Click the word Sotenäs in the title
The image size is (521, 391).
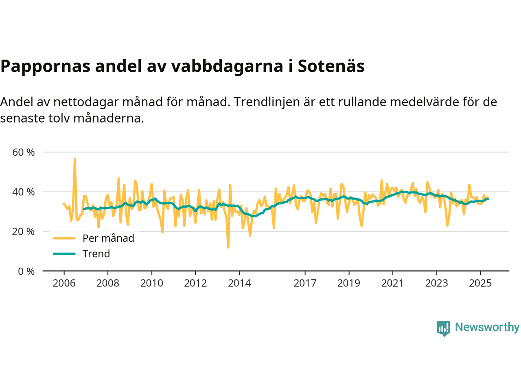pyautogui.click(x=331, y=66)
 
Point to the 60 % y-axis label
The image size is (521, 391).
pyautogui.click(x=24, y=152)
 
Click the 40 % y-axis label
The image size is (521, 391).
pyautogui.click(x=24, y=192)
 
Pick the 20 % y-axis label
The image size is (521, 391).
pyautogui.click(x=24, y=232)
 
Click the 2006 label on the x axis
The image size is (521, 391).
pyautogui.click(x=64, y=283)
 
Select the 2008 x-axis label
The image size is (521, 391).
pyautogui.click(x=108, y=283)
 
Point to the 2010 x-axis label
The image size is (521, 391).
pyautogui.click(x=151, y=283)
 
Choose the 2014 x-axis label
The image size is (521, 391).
pyautogui.click(x=239, y=283)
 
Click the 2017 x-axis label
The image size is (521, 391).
pyautogui.click(x=305, y=283)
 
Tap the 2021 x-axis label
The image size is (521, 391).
pyautogui.click(x=392, y=283)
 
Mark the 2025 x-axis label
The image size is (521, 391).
pyautogui.click(x=480, y=283)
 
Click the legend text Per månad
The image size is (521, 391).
pyautogui.click(x=108, y=239)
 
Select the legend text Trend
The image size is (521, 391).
pyautogui.click(x=96, y=254)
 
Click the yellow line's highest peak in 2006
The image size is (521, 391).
pyautogui.click(x=75, y=159)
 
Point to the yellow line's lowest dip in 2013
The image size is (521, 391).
pyautogui.click(x=228, y=247)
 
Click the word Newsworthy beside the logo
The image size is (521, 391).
pyautogui.click(x=487, y=327)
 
